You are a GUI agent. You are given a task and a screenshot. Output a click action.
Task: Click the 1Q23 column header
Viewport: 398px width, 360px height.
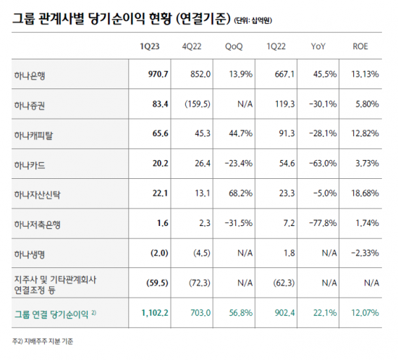point(149,46)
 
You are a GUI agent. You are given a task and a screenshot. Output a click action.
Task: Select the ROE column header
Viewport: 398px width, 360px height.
point(360,46)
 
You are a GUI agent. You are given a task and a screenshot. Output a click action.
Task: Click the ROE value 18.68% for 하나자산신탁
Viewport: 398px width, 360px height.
point(364,195)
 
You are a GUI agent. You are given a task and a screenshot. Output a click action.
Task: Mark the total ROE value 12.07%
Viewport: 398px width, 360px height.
point(364,314)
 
